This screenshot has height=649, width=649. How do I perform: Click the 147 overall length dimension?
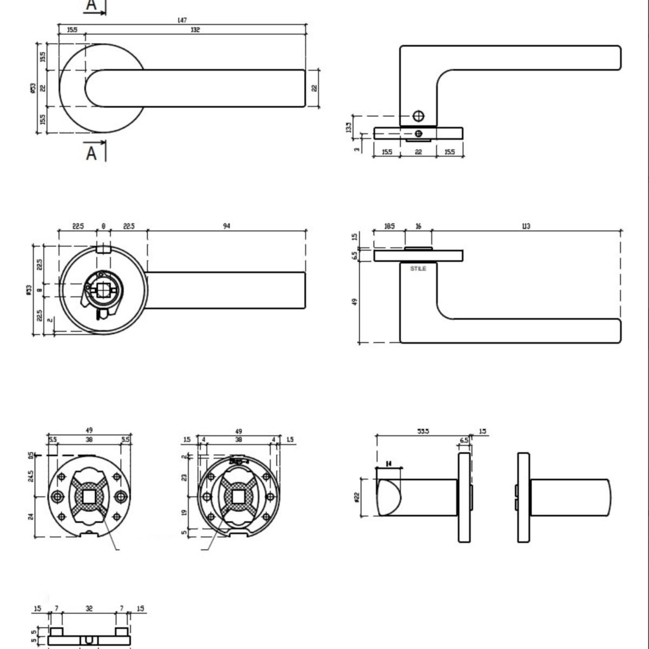pyautogui.click(x=182, y=20)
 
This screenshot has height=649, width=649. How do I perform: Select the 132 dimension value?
pyautogui.click(x=195, y=30)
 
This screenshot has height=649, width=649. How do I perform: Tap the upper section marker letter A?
pyautogui.click(x=91, y=5)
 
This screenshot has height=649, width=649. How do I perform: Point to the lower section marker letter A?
pyautogui.click(x=91, y=153)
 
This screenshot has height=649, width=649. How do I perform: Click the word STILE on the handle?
pyautogui.click(x=418, y=269)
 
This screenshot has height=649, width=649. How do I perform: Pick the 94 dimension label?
pyautogui.click(x=227, y=226)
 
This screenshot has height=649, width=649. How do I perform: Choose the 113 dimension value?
pyautogui.click(x=526, y=226)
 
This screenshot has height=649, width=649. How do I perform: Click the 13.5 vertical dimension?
pyautogui.click(x=349, y=127)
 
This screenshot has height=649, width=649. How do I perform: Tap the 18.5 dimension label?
pyautogui.click(x=389, y=226)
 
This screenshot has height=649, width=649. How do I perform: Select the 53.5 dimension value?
pyautogui.click(x=423, y=431)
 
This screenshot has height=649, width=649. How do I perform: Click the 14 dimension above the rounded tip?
pyautogui.click(x=388, y=464)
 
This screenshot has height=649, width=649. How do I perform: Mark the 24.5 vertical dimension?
pyautogui.click(x=31, y=476)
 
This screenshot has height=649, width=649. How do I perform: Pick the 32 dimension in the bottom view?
pyautogui.click(x=89, y=608)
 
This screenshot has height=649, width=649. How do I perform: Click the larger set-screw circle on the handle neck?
pyautogui.click(x=419, y=115)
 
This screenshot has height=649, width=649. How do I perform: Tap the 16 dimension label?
pyautogui.click(x=418, y=226)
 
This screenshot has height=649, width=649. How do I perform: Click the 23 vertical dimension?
pyautogui.click(x=185, y=478)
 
